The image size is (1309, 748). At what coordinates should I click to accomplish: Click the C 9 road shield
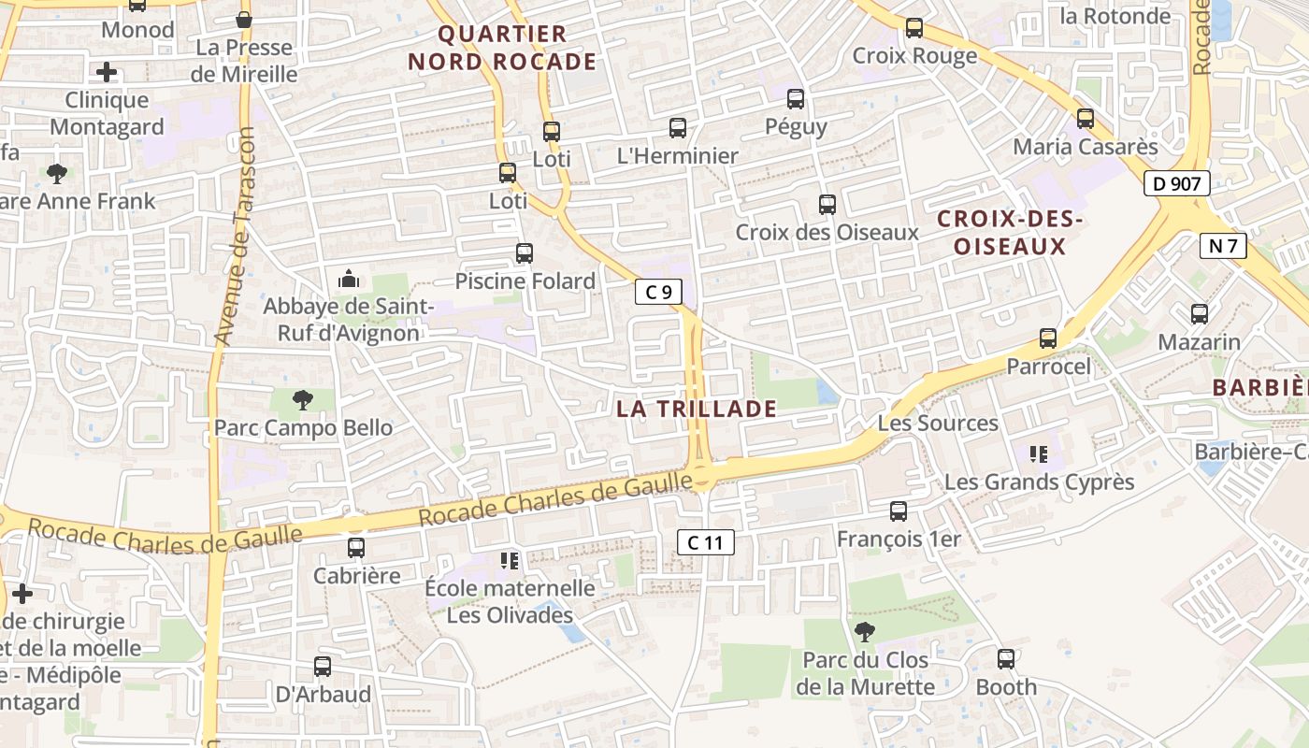[x=659, y=292]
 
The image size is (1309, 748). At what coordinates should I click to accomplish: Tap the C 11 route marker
[x=705, y=542]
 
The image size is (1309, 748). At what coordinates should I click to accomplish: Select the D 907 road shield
[x=1176, y=183]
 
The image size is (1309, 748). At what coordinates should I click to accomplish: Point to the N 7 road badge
[x=1223, y=246]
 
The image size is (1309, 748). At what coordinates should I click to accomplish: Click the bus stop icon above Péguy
[x=796, y=99]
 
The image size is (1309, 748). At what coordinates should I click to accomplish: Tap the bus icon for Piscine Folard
[x=525, y=253]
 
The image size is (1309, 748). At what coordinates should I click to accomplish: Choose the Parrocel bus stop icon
[x=1048, y=338]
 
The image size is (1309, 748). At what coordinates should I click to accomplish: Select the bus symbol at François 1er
[x=899, y=511]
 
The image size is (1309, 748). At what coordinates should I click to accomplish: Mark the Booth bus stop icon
[x=1006, y=659]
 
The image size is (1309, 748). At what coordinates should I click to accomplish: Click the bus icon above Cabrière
[x=356, y=548]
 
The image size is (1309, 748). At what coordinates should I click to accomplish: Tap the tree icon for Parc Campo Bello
[x=302, y=401]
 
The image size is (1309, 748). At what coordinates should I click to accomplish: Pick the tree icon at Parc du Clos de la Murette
[x=865, y=632]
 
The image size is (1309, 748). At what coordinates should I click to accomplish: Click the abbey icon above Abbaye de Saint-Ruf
[x=349, y=279]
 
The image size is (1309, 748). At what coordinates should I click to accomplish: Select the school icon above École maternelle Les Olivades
[x=510, y=561]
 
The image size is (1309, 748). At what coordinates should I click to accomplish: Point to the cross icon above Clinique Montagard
[x=107, y=72]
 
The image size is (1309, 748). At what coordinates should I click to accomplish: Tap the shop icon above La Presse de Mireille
[x=244, y=20]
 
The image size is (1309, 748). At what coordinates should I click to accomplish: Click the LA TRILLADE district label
[x=697, y=409]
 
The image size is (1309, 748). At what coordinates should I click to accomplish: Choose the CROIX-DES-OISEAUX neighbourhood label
[x=1010, y=233]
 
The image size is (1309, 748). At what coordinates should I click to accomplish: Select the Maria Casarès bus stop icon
[x=1085, y=119]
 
